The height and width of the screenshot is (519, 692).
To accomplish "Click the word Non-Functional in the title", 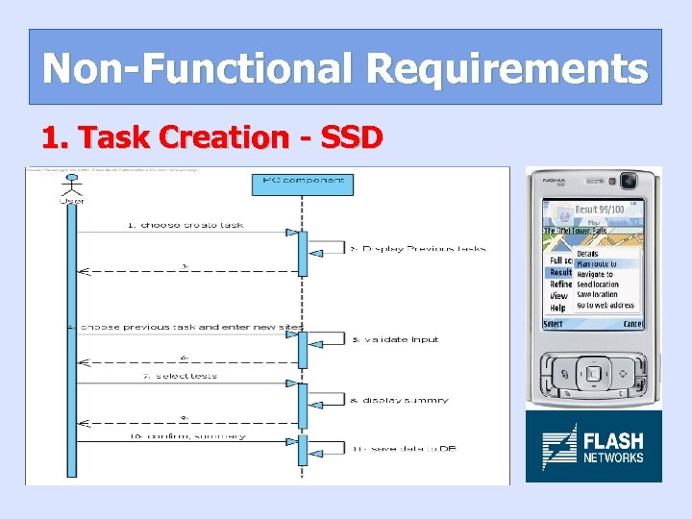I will [198, 68].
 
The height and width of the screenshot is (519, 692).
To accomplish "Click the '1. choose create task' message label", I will [185, 225].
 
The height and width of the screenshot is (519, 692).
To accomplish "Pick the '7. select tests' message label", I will [180, 376].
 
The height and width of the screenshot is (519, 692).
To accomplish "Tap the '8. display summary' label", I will [399, 400].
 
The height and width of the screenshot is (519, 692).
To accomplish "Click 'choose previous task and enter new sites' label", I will [186, 327].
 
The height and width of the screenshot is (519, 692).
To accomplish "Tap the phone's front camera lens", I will [629, 180].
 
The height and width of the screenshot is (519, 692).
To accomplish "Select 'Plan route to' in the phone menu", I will [596, 263].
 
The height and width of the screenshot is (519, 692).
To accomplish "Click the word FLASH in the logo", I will [613, 441].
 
